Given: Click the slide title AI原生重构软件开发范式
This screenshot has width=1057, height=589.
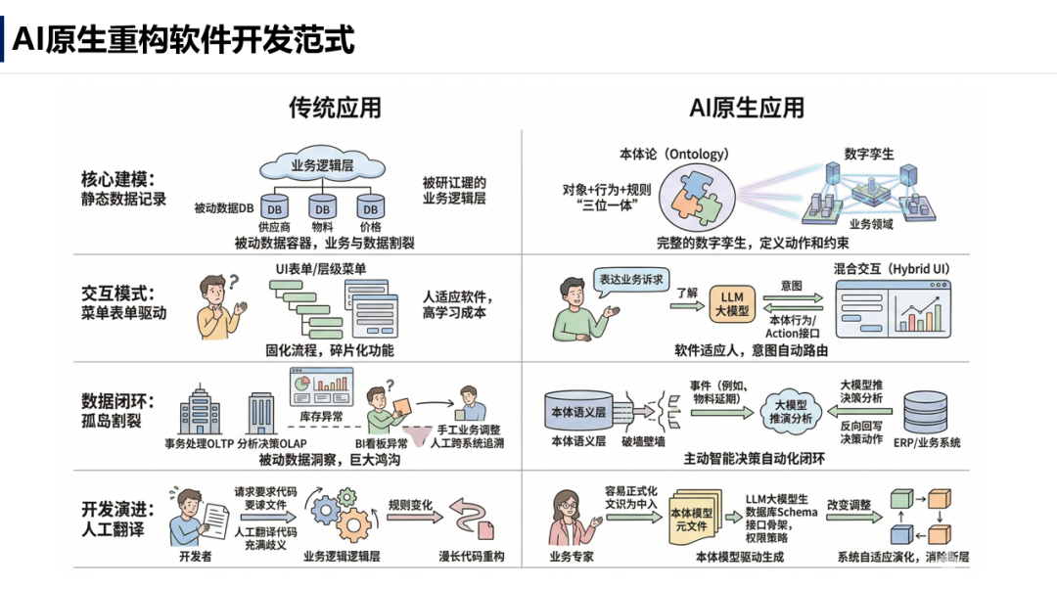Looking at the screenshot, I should [x=183, y=40].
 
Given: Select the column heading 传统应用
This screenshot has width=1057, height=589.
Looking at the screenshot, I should [x=335, y=108].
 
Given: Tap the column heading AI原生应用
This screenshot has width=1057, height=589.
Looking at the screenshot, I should [x=747, y=108].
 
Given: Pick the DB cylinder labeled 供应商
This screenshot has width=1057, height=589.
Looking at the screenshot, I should [x=275, y=207].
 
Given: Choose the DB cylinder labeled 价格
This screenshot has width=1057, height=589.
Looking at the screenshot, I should [x=369, y=207].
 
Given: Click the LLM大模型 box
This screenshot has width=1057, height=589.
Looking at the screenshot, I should [x=731, y=303].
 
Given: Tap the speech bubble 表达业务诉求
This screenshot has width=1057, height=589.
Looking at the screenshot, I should [x=631, y=280].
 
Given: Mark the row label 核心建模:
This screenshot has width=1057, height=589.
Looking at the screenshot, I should [x=118, y=180].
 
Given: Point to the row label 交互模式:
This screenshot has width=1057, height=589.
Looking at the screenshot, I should [x=118, y=294].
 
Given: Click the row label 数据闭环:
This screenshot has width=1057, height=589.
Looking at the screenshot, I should [x=118, y=402].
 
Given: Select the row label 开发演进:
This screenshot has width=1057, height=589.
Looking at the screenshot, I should [x=118, y=510].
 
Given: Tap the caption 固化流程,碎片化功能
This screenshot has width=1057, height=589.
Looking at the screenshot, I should [x=330, y=349].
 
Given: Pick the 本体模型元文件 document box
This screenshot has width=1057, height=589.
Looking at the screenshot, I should [x=692, y=519].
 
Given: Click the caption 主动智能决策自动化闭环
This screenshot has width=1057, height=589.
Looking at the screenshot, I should [x=751, y=457].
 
